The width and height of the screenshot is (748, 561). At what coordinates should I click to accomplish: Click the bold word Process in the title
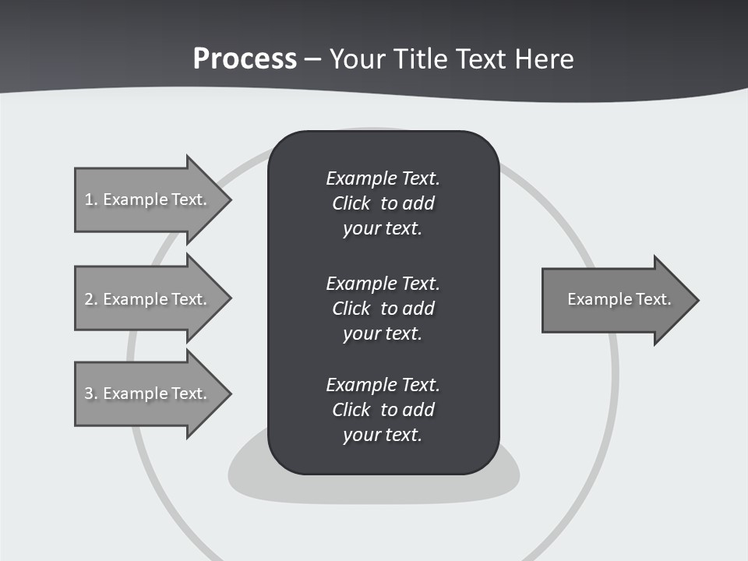[x=245, y=59]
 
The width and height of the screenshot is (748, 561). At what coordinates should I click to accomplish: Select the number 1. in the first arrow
[x=90, y=199]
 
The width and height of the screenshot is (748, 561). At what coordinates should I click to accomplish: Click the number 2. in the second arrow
[x=90, y=299]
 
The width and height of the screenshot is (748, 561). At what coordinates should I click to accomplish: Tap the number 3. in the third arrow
[x=90, y=393]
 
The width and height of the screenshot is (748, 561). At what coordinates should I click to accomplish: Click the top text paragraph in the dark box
[x=383, y=203]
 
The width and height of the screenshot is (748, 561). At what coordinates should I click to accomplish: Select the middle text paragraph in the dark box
[x=383, y=309]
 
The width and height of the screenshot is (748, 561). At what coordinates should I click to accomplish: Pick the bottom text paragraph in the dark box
[x=383, y=410]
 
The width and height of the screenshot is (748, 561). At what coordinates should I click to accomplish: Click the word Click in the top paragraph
[x=351, y=203]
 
